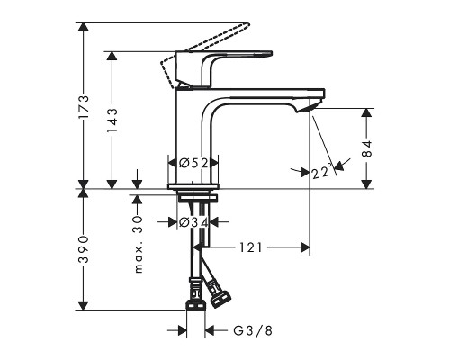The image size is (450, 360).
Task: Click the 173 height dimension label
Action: [x=83, y=108]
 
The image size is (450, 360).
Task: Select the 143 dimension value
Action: [x=112, y=121]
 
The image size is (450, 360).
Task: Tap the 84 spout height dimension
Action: [x=367, y=148]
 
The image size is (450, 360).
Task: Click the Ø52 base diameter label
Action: [x=193, y=163]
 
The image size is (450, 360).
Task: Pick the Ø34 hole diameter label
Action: [x=193, y=222]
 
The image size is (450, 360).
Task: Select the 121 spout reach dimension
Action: [x=251, y=247]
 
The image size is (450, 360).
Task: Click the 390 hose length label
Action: [x=83, y=249]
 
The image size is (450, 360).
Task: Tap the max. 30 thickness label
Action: [x=138, y=244]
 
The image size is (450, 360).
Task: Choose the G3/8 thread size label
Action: [x=253, y=330]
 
